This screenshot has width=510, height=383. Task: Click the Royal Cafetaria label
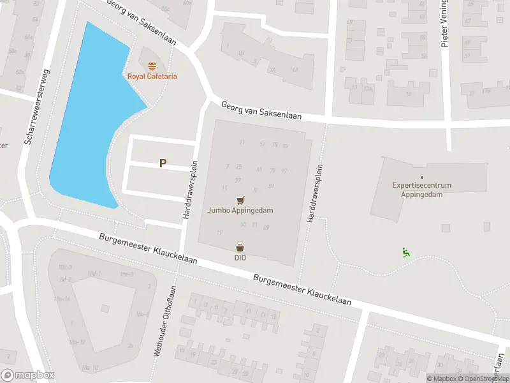tap(152, 77)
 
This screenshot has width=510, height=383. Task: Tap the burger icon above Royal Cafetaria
tap(152, 66)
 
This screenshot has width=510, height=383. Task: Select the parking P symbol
tap(163, 163)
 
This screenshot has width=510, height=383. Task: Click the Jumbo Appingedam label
tap(240, 209)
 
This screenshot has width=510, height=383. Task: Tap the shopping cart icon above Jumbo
tap(240, 199)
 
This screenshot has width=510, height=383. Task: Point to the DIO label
tap(240, 258)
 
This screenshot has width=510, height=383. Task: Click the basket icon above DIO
tap(240, 248)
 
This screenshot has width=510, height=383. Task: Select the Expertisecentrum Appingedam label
tap(421, 190)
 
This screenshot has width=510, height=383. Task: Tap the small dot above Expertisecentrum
tap(421, 177)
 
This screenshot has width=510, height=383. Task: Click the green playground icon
tap(405, 252)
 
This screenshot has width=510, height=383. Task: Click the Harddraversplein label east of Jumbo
tap(314, 193)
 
